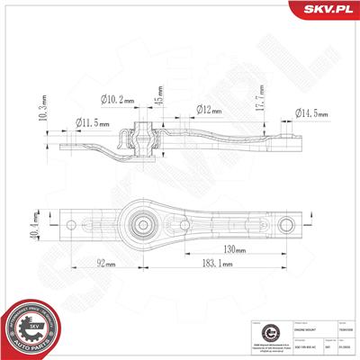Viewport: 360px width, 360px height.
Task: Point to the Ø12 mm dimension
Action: (210, 111)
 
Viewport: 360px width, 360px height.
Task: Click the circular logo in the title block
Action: (256, 334)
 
